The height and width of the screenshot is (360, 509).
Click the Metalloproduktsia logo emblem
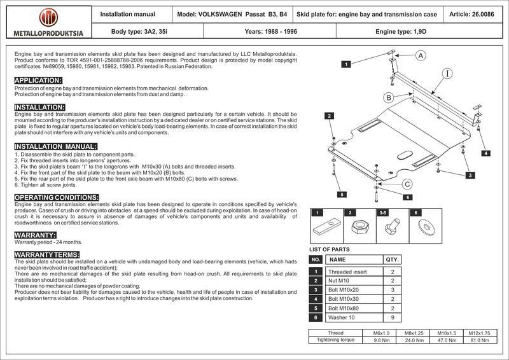tap(47, 18)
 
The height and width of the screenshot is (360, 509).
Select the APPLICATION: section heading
tap(38, 80)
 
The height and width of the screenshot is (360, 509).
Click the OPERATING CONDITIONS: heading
tap(56, 198)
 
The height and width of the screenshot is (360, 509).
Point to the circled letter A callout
tap(421, 56)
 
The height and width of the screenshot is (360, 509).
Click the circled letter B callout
tap(389, 97)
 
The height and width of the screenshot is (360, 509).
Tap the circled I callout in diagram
tap(448, 74)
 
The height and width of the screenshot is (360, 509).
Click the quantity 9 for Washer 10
tap(393, 317)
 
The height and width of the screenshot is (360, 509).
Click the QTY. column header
tap(393, 260)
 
